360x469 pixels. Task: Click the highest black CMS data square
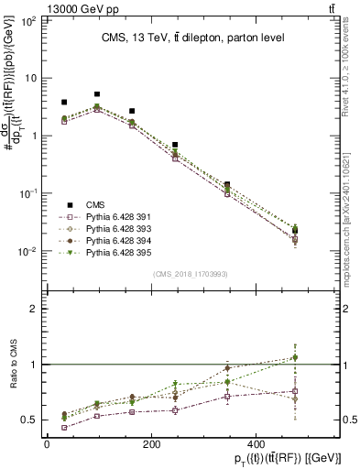point(97,94)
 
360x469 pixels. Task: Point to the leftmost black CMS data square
point(64,103)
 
